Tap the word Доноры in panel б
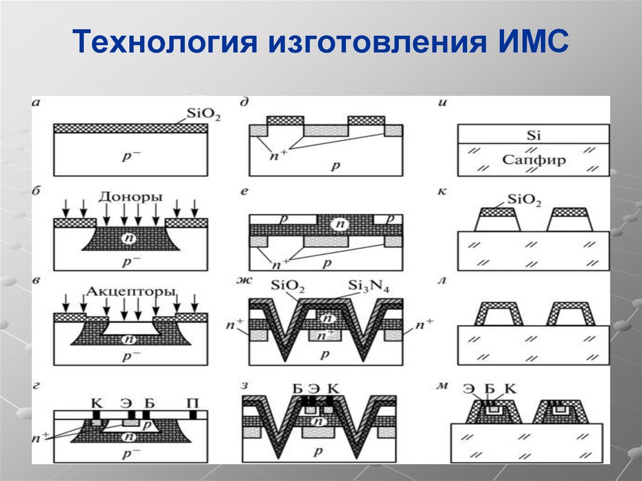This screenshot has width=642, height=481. [130, 196]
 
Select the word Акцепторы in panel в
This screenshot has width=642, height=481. [130, 292]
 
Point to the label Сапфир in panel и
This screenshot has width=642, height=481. [534, 159]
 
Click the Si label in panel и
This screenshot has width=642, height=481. [533, 135]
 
